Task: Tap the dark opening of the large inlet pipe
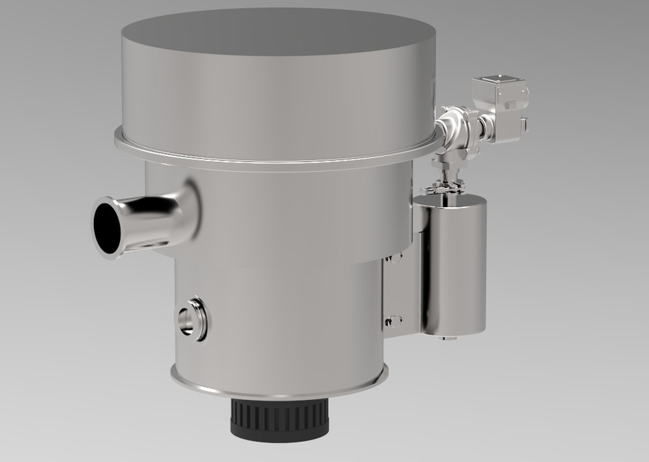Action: (x=108, y=227)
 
